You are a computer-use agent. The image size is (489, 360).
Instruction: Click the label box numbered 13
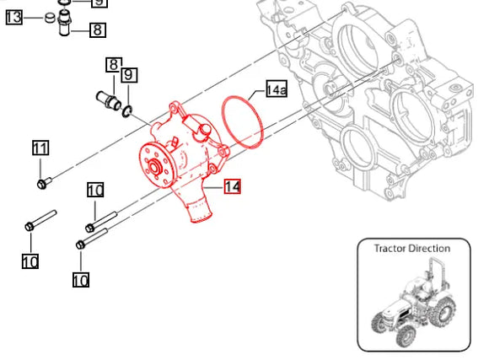tap(14, 16)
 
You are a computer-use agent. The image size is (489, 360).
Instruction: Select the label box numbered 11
tap(40, 148)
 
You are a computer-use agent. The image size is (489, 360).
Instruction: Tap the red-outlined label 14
tap(232, 187)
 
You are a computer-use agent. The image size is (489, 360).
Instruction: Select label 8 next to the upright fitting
tap(98, 30)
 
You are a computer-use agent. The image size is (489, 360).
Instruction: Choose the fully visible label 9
tap(128, 76)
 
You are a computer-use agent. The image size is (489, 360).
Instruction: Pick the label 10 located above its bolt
tap(95, 190)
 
